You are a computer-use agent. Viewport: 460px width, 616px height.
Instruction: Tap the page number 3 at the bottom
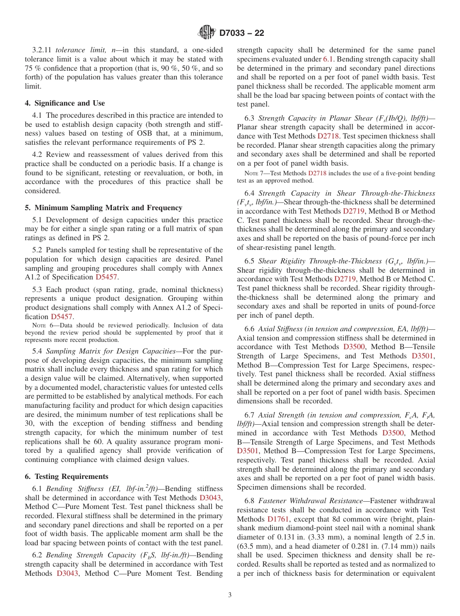coord(230,595)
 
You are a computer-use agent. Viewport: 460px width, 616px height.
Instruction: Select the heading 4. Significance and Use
coord(65,103)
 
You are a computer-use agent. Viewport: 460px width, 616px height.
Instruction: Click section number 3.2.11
coord(42,50)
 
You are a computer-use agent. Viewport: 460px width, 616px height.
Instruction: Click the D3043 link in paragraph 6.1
coord(211,497)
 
